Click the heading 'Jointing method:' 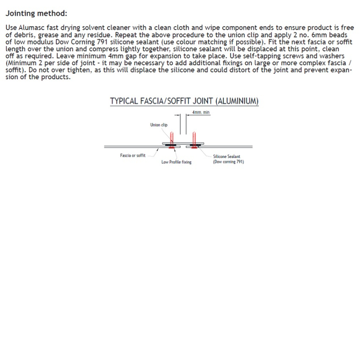(36, 13)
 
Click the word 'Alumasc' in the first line (31, 28)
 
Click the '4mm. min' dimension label (201, 112)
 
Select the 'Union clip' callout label (159, 125)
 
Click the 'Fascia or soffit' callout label (133, 155)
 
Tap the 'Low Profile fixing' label (176, 162)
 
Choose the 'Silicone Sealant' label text (226, 157)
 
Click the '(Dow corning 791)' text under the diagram (228, 162)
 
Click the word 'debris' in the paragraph (25, 35)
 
